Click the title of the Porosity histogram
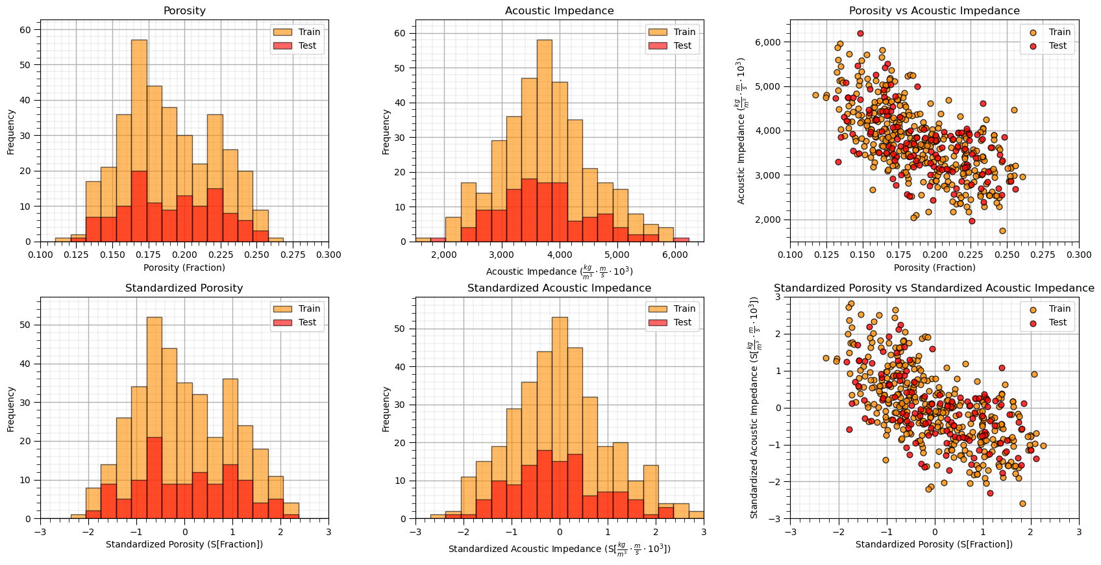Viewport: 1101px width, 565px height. pos(184,11)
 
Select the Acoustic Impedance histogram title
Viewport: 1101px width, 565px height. pos(559,11)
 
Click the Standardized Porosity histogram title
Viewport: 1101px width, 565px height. pos(184,288)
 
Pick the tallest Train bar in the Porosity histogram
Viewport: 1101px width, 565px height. pos(139,140)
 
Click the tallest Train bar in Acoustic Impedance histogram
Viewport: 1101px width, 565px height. pos(545,140)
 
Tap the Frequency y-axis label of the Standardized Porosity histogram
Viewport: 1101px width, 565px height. pos(11,409)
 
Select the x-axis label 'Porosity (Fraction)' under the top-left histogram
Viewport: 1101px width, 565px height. pos(184,268)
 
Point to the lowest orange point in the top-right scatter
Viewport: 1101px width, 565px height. pos(1002,231)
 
